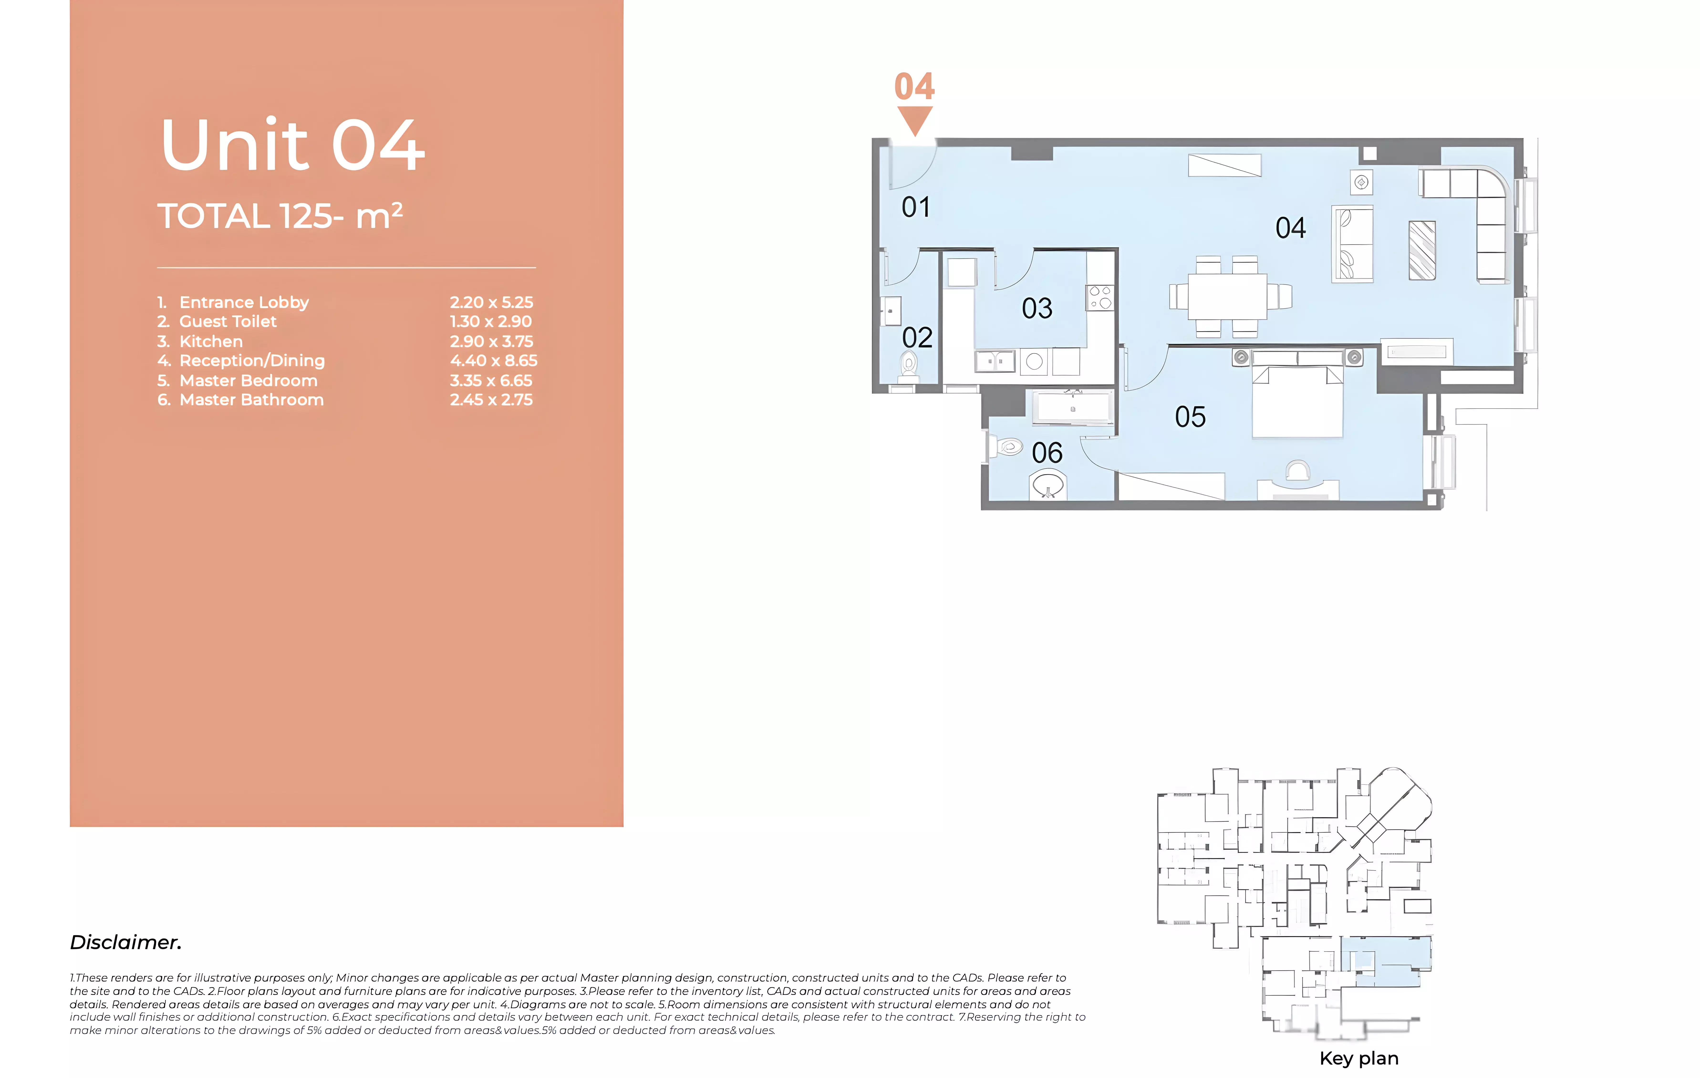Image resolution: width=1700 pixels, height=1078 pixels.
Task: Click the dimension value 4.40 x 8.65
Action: tap(493, 361)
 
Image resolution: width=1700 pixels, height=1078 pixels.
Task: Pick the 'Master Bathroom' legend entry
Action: tap(251, 399)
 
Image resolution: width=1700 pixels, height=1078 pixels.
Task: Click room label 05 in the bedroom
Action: tap(1190, 416)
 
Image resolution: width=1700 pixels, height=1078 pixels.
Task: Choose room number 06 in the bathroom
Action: tap(1047, 452)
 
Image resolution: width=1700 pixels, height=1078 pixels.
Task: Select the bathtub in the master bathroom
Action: tap(1072, 408)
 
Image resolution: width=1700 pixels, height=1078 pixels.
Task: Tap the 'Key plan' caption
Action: tap(1359, 1058)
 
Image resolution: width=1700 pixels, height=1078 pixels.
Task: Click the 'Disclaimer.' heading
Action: tap(126, 943)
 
